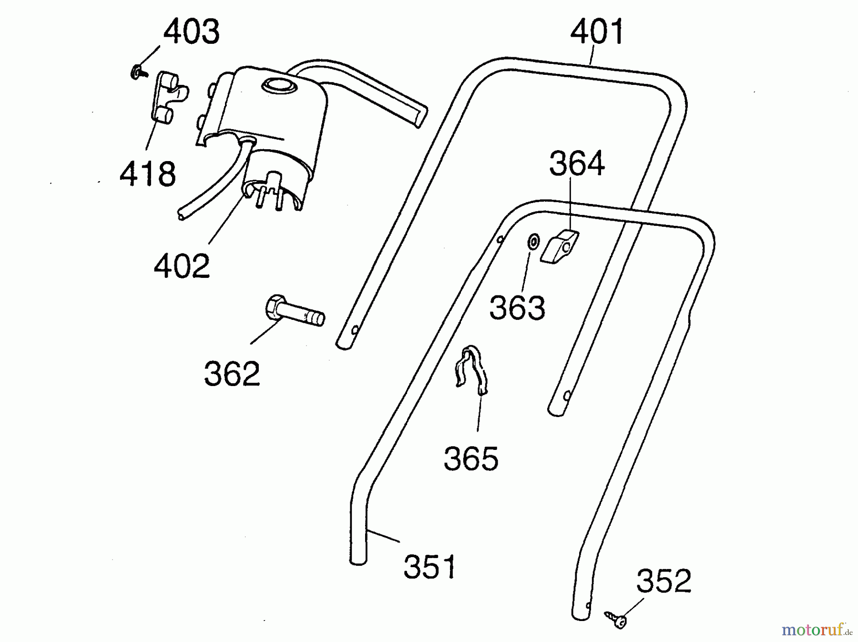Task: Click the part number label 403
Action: tap(192, 32)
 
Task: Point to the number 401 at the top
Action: tap(597, 32)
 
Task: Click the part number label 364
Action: tap(577, 163)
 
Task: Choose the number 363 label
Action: tap(517, 307)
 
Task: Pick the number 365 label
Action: tap(471, 459)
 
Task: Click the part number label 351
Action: tap(429, 567)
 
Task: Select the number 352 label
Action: tap(664, 581)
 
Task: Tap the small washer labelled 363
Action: tap(532, 242)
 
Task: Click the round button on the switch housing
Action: tap(279, 86)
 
